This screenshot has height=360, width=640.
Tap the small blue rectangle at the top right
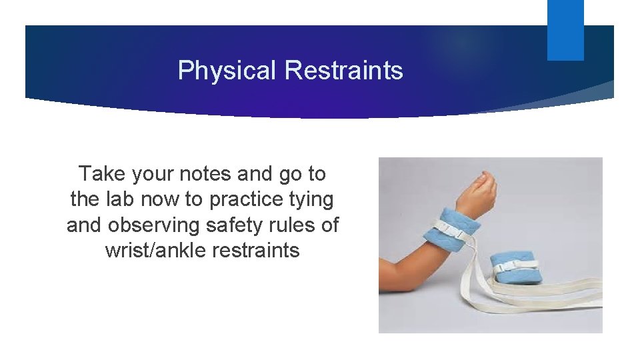(565, 30)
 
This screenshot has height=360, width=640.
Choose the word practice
(251, 199)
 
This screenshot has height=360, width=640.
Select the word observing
(157, 225)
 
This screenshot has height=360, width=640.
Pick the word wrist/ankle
(155, 251)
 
